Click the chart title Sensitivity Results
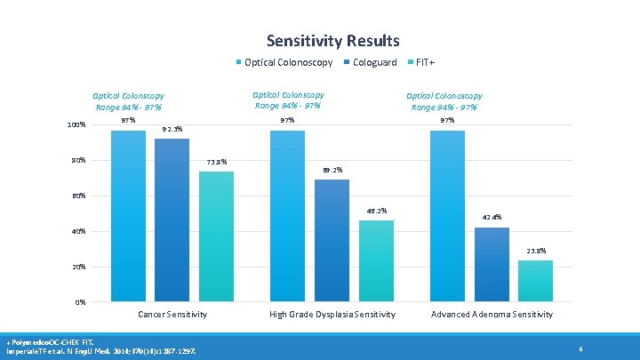click(x=332, y=41)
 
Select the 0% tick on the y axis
click(x=80, y=302)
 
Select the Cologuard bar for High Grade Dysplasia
click(x=332, y=240)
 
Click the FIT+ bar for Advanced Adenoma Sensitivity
click(x=535, y=280)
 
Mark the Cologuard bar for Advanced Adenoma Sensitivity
click(x=492, y=264)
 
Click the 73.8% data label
click(x=217, y=162)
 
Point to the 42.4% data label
click(x=492, y=217)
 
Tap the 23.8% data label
click(x=535, y=251)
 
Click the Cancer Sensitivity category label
click(x=172, y=315)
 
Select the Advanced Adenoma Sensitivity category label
click(x=492, y=315)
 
